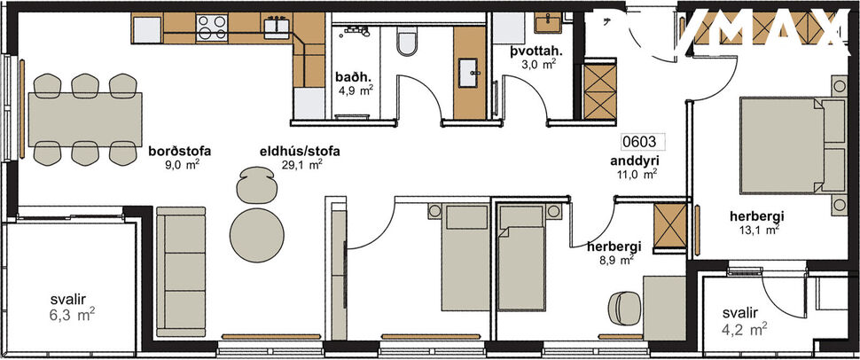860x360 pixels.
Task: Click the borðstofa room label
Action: pos(180,151)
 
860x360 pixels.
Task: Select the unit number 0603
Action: pos(639,140)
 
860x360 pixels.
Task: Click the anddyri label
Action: pos(634,161)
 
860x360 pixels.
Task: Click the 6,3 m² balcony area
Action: pos(72,313)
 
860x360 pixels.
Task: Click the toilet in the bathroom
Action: pos(407,43)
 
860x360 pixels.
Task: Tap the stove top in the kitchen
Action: pos(211,28)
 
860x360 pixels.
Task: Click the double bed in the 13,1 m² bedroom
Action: pos(786,145)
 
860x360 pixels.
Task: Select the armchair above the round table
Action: pos(255,185)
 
